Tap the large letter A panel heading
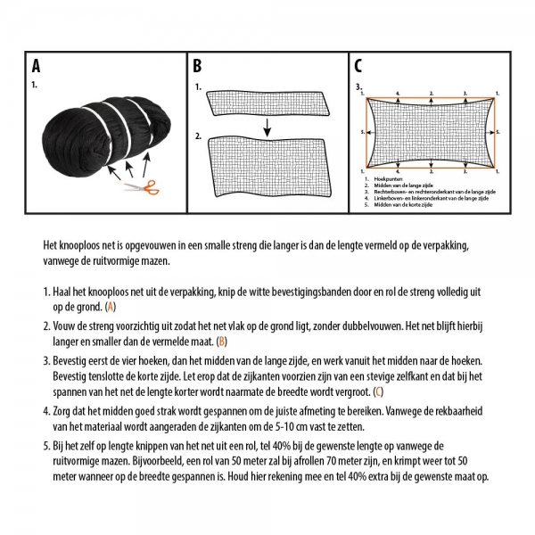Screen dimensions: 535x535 [36, 66]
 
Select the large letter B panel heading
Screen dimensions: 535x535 [198, 66]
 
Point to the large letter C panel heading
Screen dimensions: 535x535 [358, 66]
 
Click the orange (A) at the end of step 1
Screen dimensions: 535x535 [111, 306]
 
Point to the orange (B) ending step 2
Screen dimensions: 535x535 [222, 342]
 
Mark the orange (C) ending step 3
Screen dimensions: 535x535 [378, 391]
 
